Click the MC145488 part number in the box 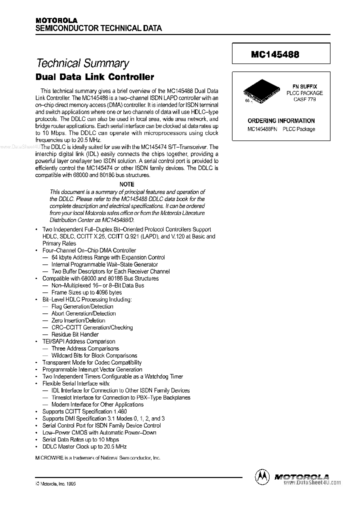275,55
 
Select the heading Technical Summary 82,63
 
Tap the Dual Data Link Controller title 95,77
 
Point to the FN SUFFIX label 304,86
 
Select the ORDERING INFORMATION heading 281,120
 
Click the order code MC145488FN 262,129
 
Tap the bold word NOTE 127,184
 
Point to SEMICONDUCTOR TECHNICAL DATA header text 98,28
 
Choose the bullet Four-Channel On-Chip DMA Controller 89,250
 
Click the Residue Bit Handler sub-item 75,334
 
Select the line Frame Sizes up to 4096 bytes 86,292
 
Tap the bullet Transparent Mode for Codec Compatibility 92,362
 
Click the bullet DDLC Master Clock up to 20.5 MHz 84,446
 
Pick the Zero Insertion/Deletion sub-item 78,320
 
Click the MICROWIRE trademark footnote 98,457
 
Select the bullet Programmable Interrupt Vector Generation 92,369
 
